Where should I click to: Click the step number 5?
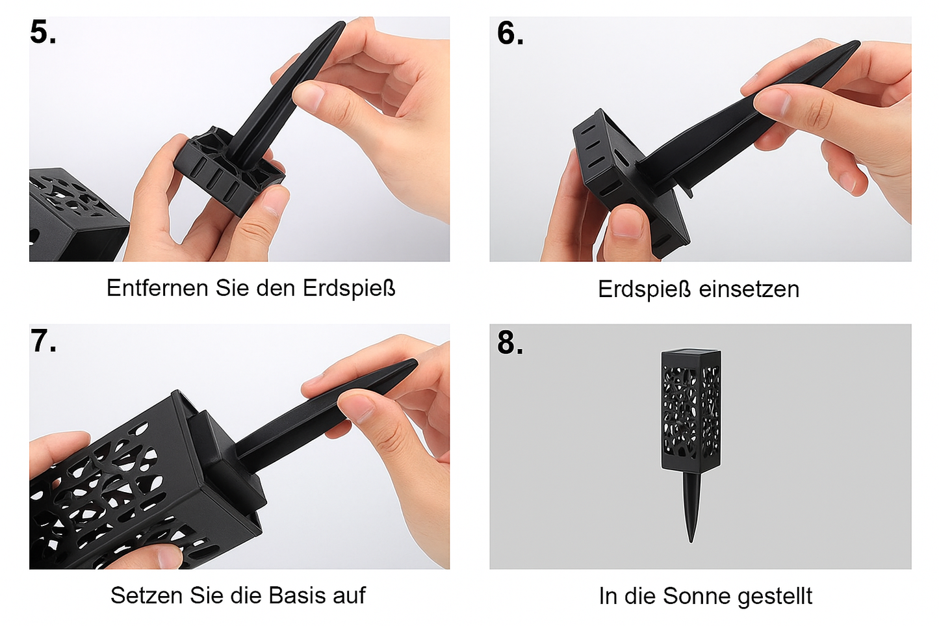(43, 33)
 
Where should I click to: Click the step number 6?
(509, 33)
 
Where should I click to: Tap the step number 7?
(43, 341)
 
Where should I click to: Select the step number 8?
(509, 343)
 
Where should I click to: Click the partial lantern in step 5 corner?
(71, 215)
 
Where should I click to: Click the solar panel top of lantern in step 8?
(691, 354)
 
